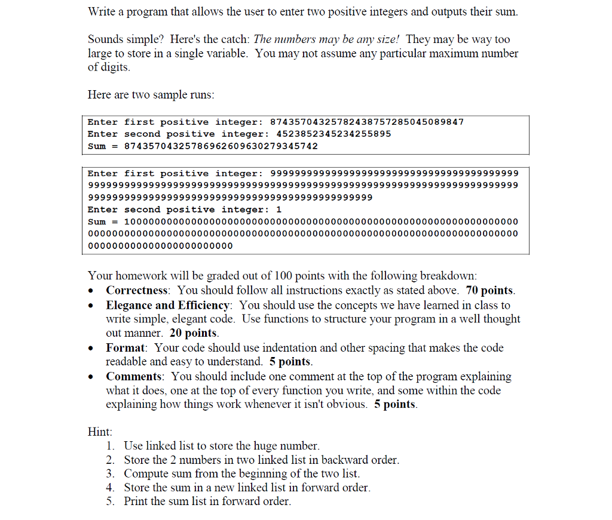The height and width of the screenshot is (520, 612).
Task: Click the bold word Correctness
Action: point(137,291)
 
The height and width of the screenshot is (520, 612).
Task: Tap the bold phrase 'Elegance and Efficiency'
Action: point(168,305)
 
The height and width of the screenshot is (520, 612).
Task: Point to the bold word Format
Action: point(126,347)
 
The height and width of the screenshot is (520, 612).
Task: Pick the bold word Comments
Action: point(134,376)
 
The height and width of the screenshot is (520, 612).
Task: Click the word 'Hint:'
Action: point(100,432)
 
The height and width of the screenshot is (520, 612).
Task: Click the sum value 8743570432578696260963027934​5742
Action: point(221,146)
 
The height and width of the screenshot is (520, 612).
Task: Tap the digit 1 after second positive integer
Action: point(279,210)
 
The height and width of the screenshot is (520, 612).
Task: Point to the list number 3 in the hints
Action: point(110,473)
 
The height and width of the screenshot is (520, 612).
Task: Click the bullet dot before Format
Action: point(90,348)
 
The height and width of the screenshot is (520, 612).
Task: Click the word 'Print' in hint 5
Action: point(136,501)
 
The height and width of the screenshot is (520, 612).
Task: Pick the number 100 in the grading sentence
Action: point(282,276)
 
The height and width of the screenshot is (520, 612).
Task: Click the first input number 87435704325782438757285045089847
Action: point(367,122)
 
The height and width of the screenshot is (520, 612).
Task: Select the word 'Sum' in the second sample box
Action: point(97,221)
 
